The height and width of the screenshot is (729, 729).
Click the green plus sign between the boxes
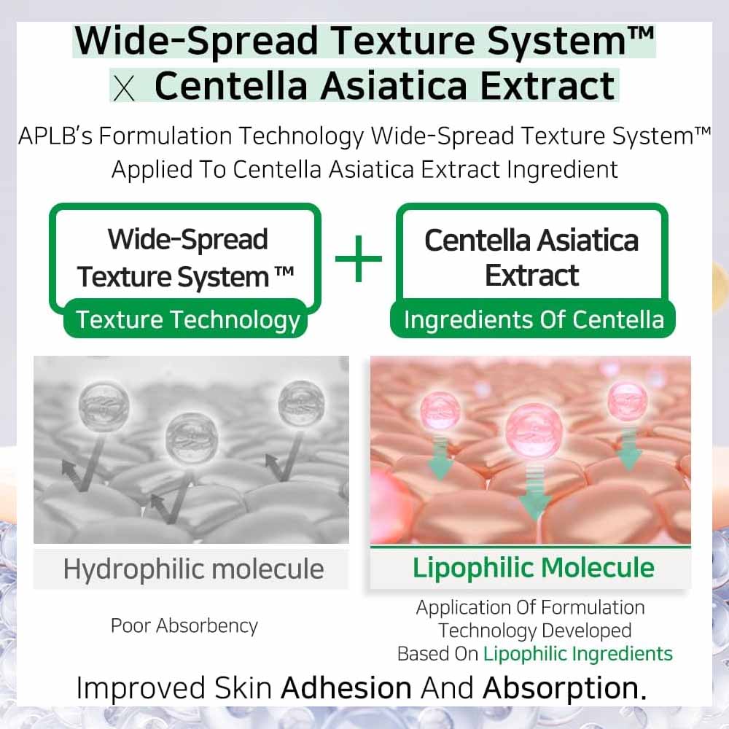click(358, 259)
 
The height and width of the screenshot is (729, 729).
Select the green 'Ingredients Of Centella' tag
click(534, 320)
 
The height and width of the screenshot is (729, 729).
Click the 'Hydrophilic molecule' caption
click(193, 569)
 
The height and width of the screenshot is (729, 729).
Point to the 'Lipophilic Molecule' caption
click(534, 568)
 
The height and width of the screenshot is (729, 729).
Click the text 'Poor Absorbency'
click(184, 625)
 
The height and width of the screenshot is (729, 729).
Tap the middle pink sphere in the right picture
click(534, 426)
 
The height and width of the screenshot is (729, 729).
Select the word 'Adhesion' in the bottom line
click(346, 688)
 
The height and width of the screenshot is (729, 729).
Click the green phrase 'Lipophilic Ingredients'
click(578, 653)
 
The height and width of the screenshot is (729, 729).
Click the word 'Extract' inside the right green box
click(532, 276)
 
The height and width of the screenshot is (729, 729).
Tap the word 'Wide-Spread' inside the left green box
click(188, 239)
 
